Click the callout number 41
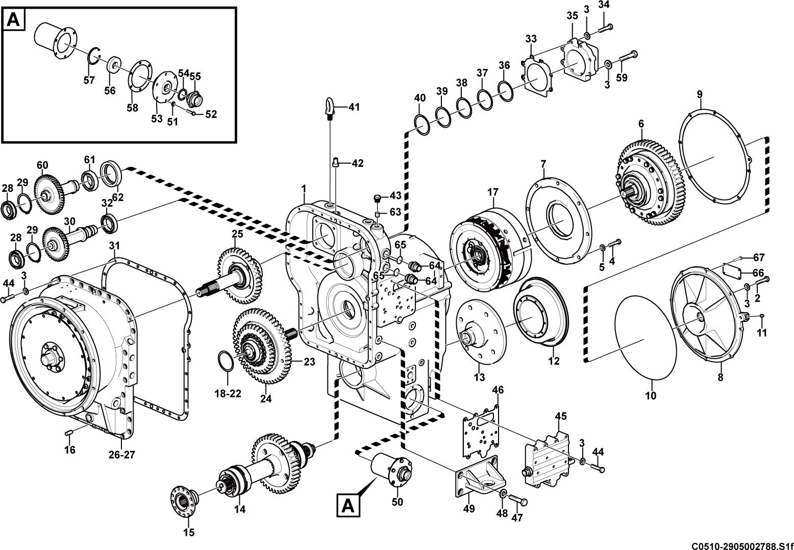click(x=354, y=107)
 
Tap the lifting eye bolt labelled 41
click(x=329, y=109)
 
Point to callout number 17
click(x=493, y=192)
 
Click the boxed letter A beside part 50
click(x=348, y=506)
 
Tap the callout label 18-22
click(x=228, y=393)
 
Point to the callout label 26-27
click(x=122, y=455)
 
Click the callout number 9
click(x=700, y=94)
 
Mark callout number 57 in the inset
click(x=89, y=81)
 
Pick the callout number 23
click(x=309, y=362)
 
